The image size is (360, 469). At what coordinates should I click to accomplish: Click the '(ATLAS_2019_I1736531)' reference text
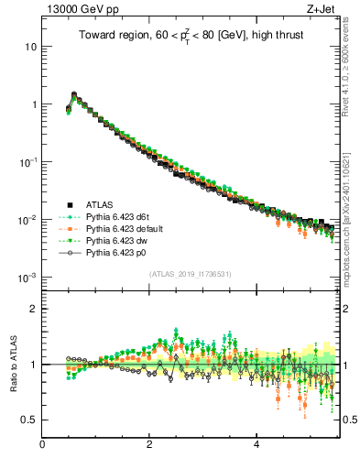coord(191,274)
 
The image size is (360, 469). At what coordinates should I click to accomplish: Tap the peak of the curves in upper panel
coord(73,93)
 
